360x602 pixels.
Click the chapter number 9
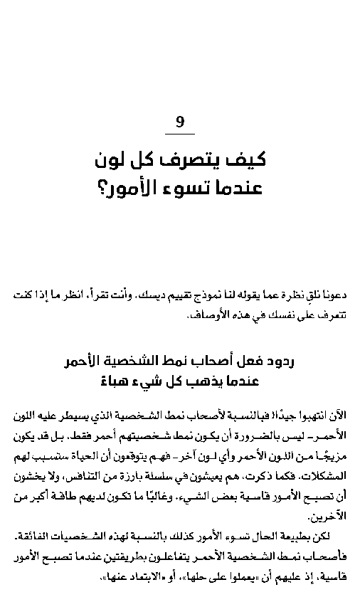click(180, 122)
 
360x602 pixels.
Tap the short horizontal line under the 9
click(180, 134)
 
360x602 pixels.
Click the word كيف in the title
click(250, 160)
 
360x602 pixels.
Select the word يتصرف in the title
click(196, 160)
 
